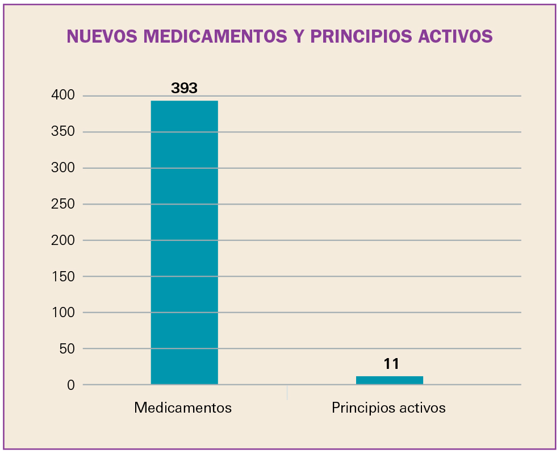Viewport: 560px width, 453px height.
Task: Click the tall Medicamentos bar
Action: (184, 243)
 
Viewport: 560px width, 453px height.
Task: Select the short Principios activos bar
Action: (389, 380)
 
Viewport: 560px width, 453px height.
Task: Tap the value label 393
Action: (184, 89)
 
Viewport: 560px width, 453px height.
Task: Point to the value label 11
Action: (391, 364)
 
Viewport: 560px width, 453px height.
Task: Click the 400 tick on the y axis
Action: (63, 95)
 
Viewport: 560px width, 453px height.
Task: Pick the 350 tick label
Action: (63, 132)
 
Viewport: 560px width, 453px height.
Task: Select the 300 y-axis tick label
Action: (63, 168)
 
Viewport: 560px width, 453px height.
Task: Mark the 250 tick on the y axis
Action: (63, 204)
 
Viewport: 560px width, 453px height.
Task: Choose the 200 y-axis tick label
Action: (63, 240)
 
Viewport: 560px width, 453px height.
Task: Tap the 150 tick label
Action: (63, 276)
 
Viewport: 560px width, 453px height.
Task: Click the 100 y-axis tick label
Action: (63, 313)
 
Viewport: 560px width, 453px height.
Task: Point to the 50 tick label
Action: (66, 348)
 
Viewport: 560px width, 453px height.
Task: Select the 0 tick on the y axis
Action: (71, 385)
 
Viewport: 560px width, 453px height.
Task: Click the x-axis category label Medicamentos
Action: (183, 408)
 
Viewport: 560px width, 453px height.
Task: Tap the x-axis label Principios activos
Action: (388, 408)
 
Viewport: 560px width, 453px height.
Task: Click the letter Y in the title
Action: (299, 36)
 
